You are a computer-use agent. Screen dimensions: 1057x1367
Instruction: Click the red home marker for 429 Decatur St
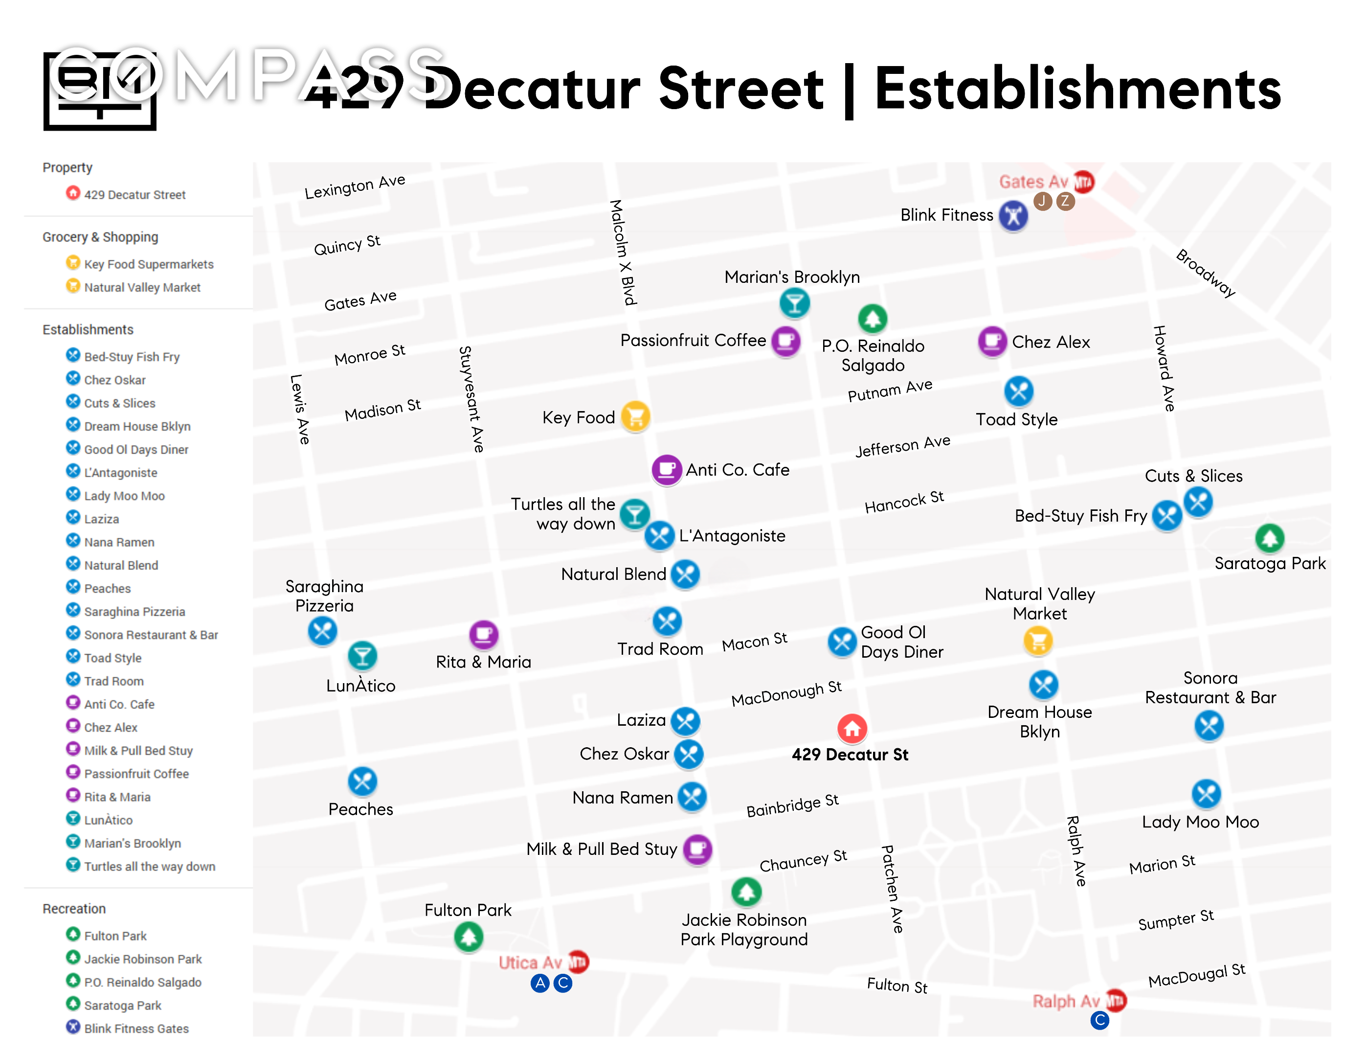[852, 728]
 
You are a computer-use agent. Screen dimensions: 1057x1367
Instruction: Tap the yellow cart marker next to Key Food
[635, 416]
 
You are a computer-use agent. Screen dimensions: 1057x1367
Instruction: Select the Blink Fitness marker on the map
[1013, 215]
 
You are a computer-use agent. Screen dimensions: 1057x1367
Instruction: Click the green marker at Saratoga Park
[1269, 538]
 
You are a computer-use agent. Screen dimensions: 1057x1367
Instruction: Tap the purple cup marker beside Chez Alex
[992, 341]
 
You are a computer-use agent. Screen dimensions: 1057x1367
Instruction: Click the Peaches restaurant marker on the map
[362, 781]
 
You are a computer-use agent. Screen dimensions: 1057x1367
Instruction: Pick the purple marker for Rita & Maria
[483, 634]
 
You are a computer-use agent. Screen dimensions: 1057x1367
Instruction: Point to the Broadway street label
[1206, 273]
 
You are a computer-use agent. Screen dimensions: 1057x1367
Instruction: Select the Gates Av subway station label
[1033, 182]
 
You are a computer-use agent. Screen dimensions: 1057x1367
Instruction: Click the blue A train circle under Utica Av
[540, 983]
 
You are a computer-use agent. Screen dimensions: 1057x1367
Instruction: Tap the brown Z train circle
[1065, 201]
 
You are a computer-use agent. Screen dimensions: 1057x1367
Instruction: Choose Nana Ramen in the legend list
[119, 542]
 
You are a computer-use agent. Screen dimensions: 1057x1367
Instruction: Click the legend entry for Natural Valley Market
[142, 287]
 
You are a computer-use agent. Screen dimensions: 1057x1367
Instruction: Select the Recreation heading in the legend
[74, 909]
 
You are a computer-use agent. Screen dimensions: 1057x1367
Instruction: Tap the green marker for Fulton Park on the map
[468, 938]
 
